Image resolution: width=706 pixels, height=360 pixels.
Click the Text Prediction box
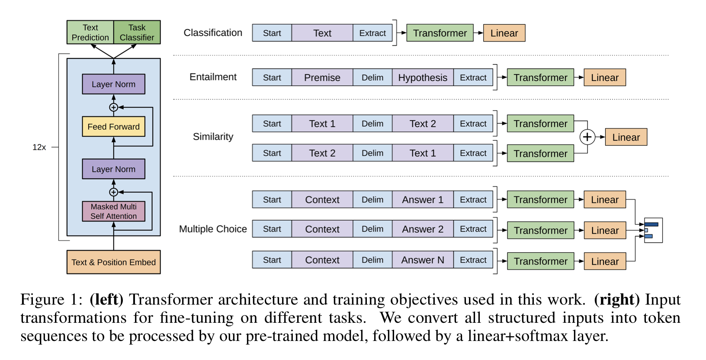click(90, 32)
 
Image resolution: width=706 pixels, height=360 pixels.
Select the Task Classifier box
click(137, 32)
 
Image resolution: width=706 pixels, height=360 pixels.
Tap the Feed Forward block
click(113, 127)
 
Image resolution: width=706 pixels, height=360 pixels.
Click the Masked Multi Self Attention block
click(113, 211)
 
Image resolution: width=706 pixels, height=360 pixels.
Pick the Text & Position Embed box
click(113, 262)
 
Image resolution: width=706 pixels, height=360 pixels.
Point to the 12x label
click(39, 148)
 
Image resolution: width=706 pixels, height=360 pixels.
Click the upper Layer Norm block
click(113, 84)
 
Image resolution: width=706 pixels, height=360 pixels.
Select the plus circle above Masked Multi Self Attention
click(113, 192)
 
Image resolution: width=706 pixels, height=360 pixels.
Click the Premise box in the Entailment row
click(322, 77)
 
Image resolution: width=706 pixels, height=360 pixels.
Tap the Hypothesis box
click(422, 77)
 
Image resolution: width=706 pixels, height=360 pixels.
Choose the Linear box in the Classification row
click(504, 33)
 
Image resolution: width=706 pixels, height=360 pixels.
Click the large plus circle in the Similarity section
click(587, 137)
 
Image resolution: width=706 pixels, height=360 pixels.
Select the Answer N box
click(422, 260)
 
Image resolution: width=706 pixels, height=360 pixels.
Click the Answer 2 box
click(422, 229)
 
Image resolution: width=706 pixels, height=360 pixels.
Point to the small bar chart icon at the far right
click(653, 230)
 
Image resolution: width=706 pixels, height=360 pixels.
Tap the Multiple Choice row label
click(213, 229)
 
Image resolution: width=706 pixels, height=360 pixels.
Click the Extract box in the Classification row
click(372, 33)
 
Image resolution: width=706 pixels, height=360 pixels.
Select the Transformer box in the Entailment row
click(540, 78)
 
